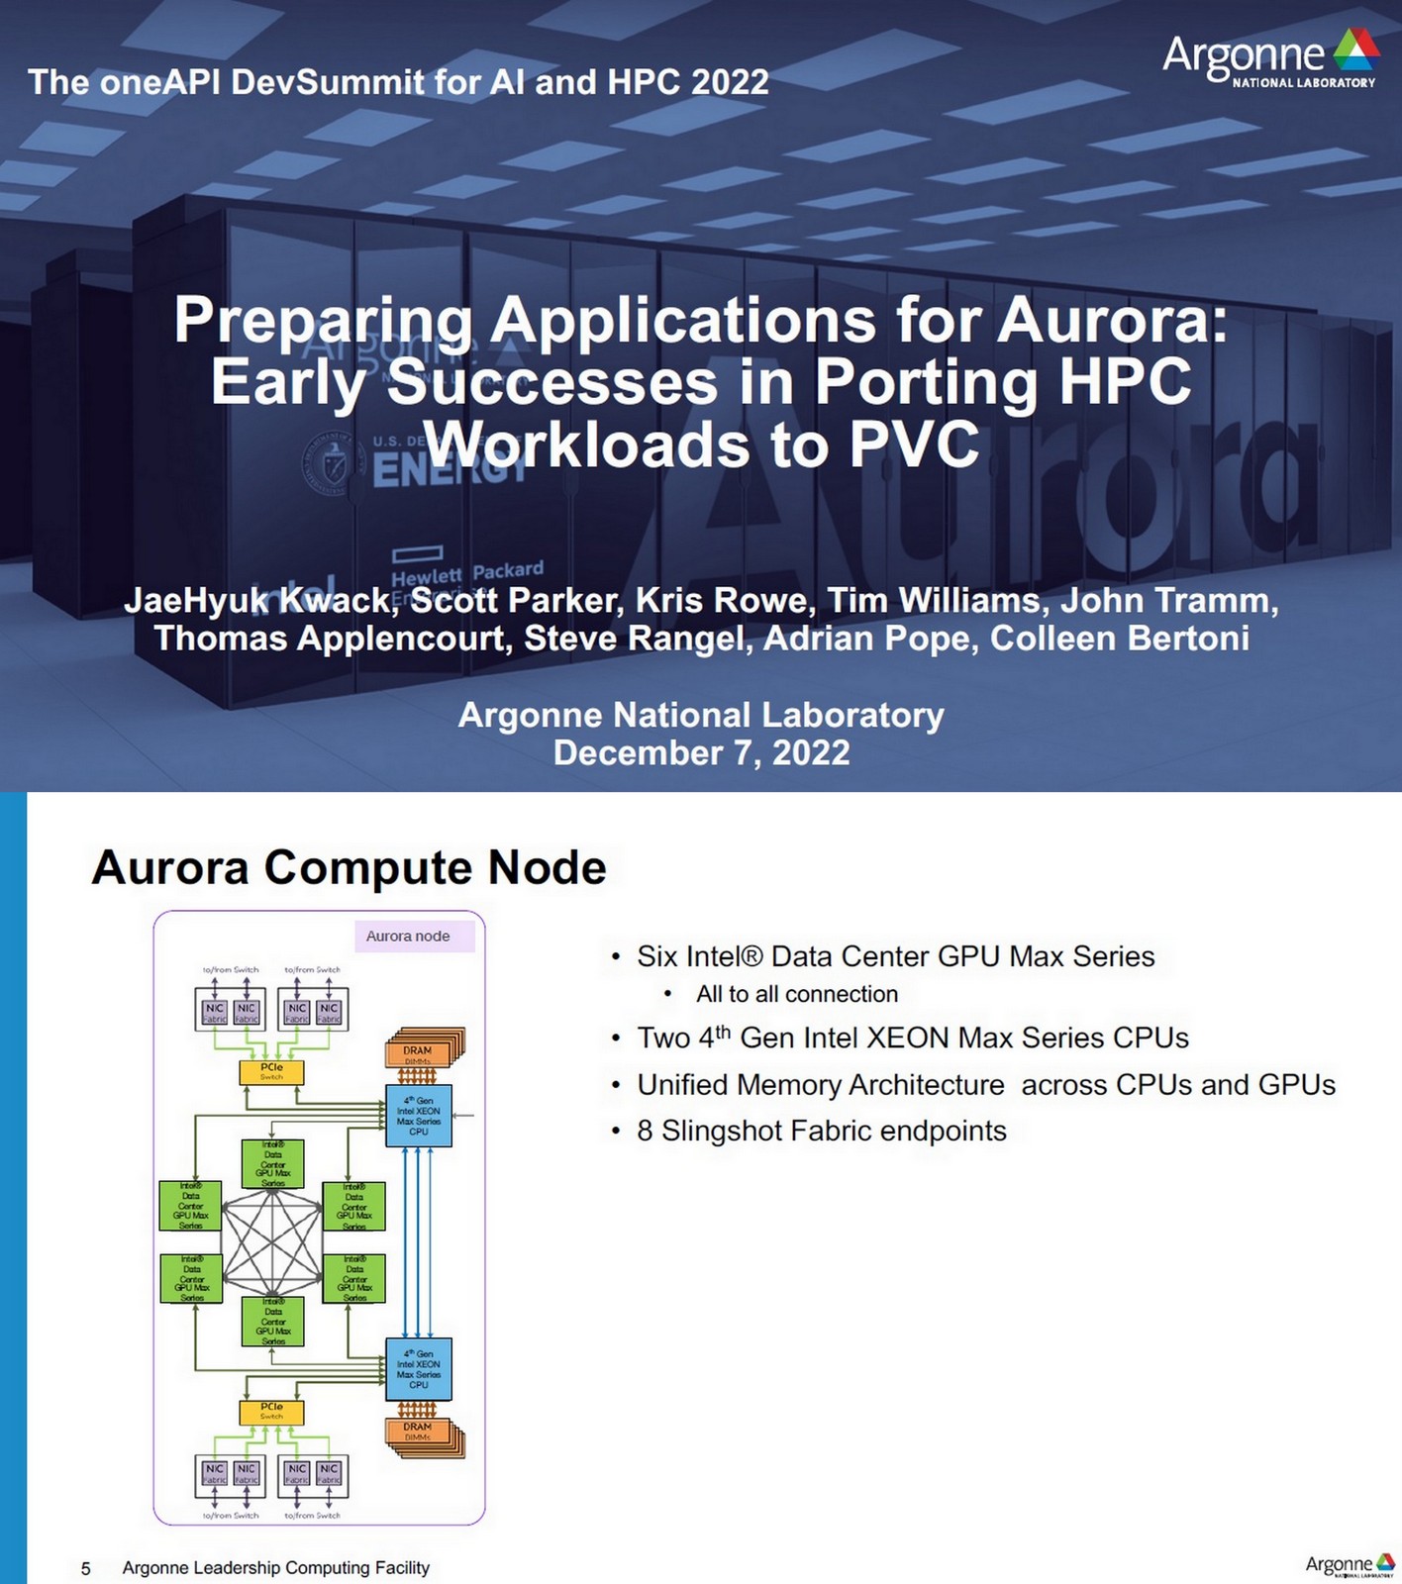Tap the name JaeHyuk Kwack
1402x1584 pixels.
coord(256,601)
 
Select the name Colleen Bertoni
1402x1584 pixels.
coord(1119,639)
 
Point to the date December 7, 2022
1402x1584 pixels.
coord(701,753)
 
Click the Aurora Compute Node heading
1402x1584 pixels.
coord(349,867)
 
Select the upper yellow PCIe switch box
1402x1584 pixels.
coord(271,1071)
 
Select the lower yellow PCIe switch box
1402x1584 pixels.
coord(271,1411)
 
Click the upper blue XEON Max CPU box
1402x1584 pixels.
coord(418,1116)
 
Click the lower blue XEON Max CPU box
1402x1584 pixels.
coord(418,1369)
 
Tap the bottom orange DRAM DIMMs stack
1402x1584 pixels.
coord(423,1435)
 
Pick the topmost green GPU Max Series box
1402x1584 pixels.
coord(273,1163)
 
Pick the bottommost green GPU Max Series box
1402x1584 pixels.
coord(273,1322)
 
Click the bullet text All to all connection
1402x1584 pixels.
coord(797,994)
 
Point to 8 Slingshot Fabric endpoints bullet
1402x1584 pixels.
coord(822,1131)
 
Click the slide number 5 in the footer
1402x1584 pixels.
coord(86,1568)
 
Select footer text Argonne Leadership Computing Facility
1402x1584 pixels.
coord(276,1567)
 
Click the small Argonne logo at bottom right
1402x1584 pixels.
coord(1349,1564)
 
